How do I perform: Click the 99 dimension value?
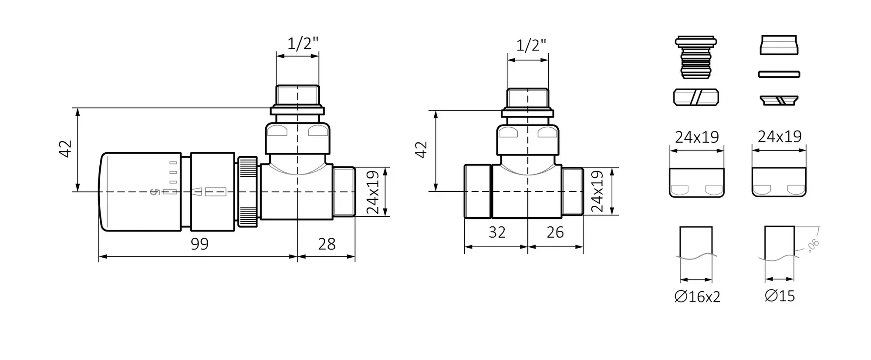coord(199,244)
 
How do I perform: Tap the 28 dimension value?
coord(327,244)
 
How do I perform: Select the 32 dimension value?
coord(497,232)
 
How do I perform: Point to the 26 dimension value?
coord(555,232)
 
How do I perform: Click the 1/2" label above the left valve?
coord(303,44)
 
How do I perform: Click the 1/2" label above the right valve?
coord(531,45)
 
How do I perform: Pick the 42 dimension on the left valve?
coord(66,149)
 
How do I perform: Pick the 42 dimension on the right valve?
coord(421,150)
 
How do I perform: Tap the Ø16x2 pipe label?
coord(697,297)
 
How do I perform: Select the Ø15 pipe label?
coord(780,296)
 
